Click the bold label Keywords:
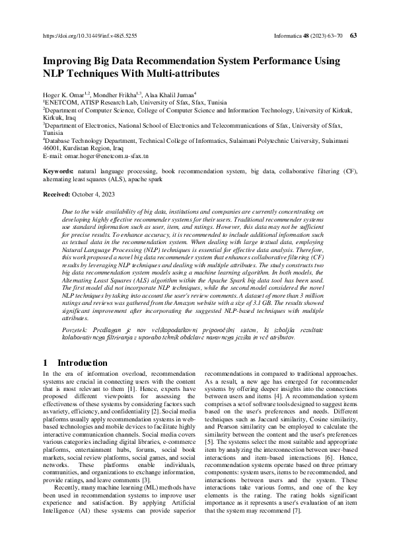click(58, 171)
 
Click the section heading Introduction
click(83, 363)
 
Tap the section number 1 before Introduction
click(45, 363)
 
